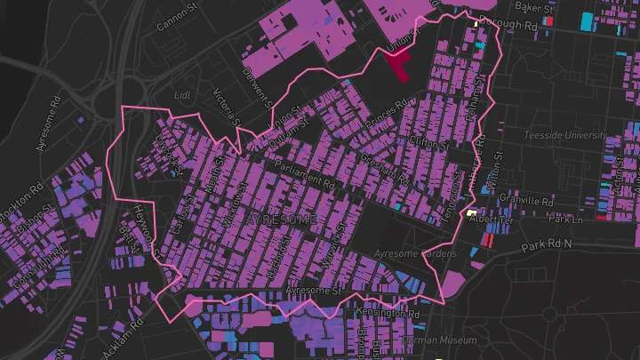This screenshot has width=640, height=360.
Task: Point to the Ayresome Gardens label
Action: tap(415, 254)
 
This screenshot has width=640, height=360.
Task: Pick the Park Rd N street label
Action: tap(548, 245)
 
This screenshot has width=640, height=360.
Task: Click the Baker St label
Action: tap(538, 8)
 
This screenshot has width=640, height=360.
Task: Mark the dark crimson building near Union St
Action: tap(396, 66)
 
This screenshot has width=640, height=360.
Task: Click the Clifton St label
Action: tap(427, 141)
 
